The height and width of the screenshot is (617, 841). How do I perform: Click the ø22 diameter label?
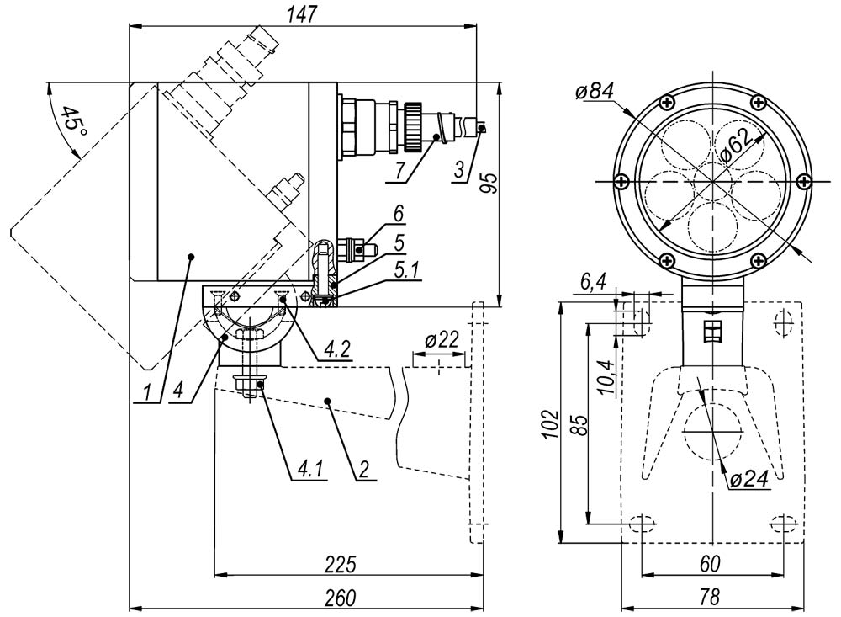tap(442, 341)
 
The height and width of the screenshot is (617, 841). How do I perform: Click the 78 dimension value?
tap(711, 597)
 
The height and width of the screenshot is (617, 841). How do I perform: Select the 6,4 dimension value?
tap(593, 284)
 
